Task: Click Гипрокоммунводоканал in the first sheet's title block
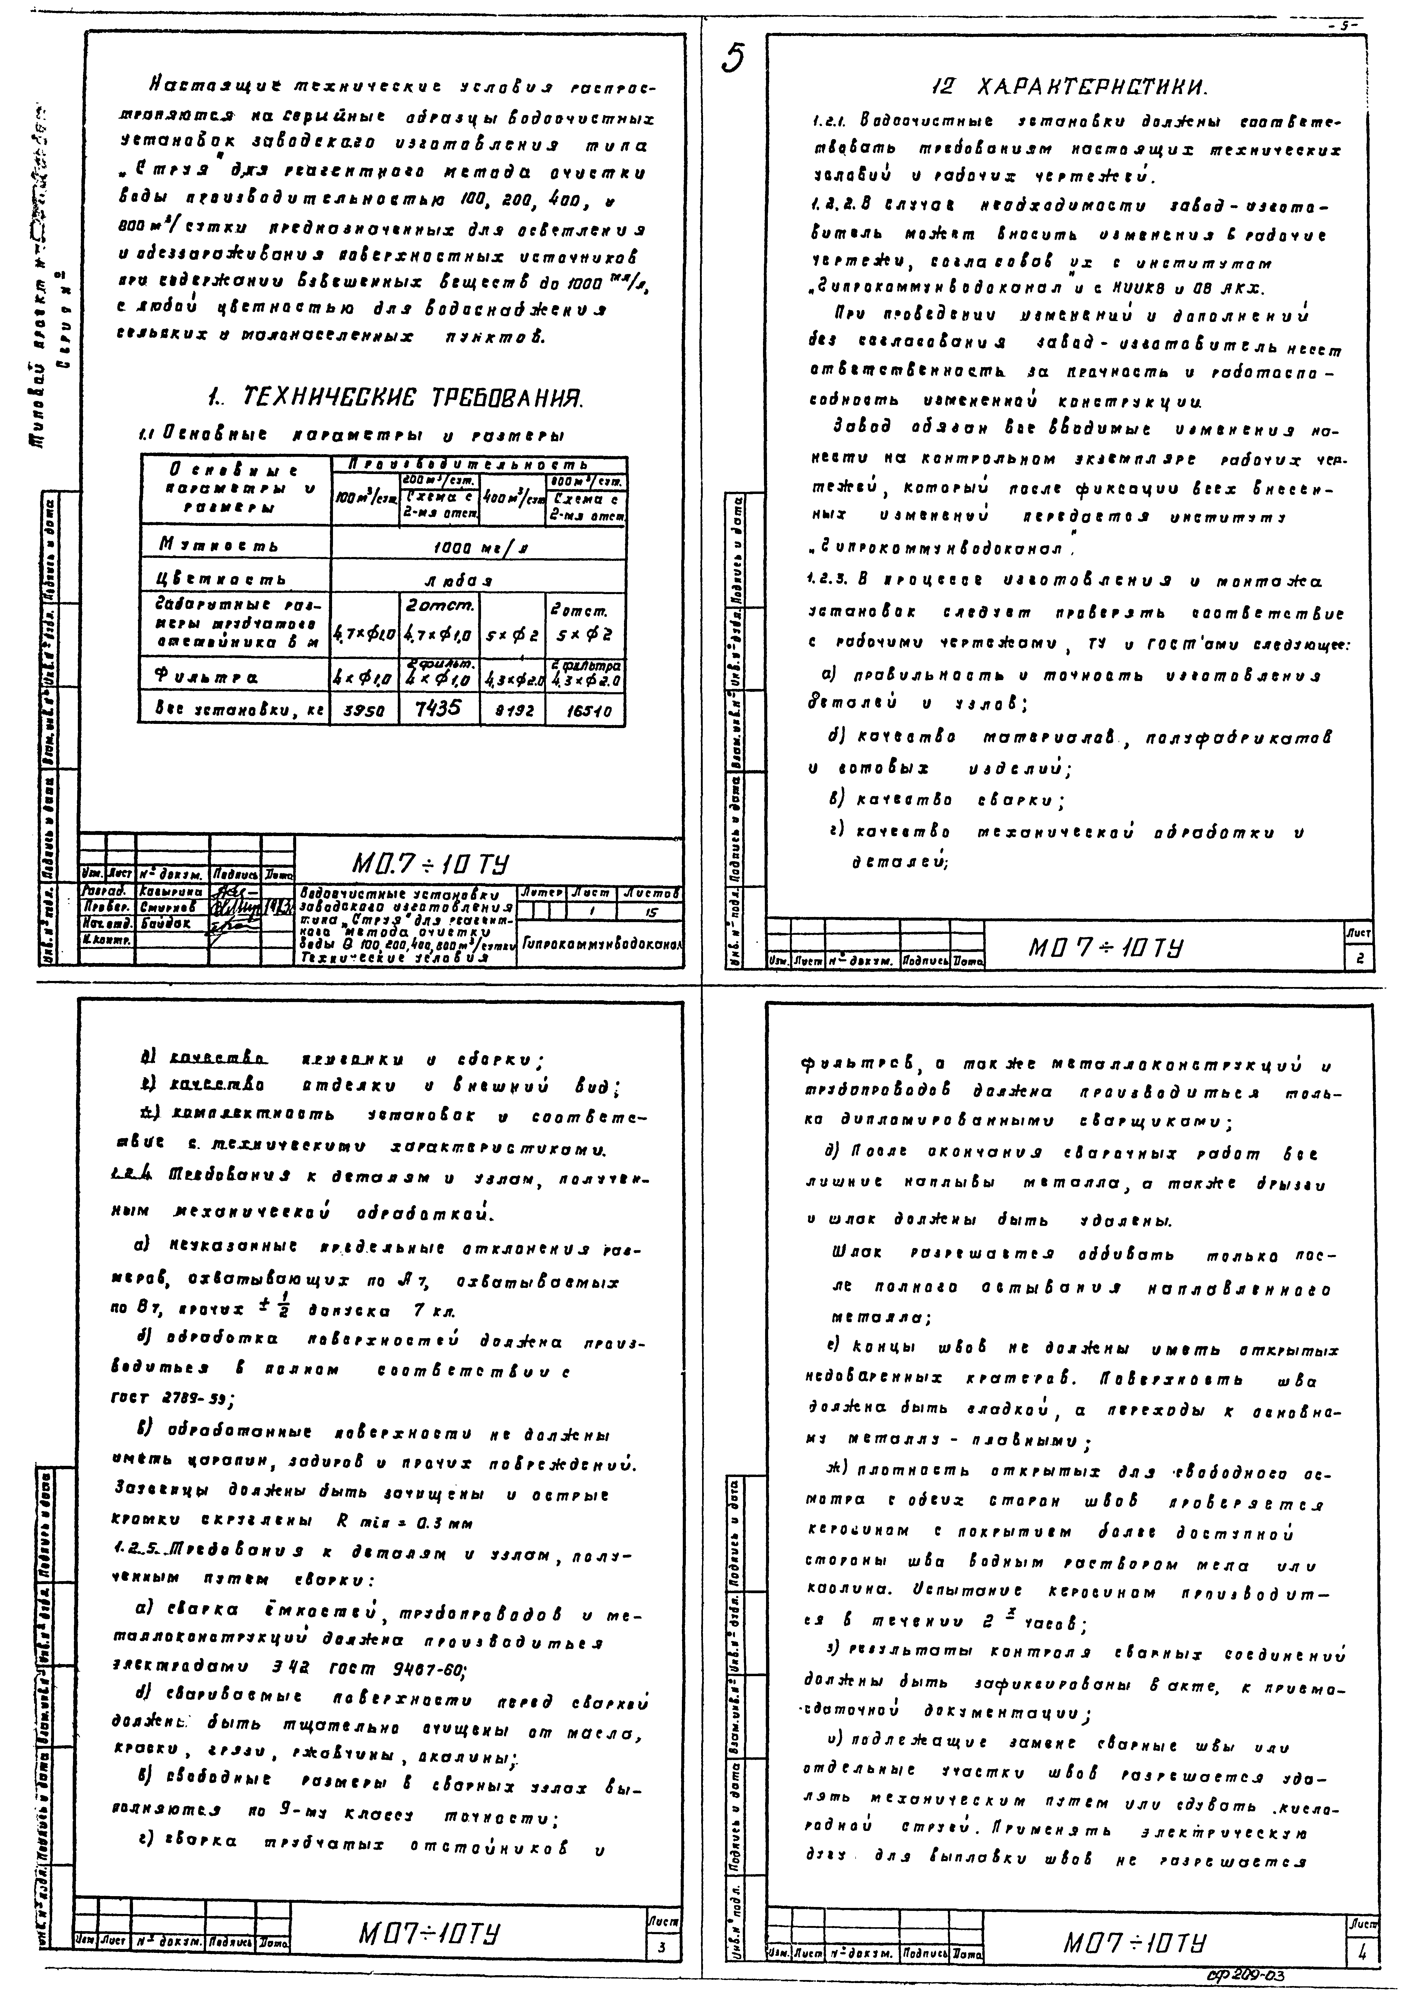[602, 944]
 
